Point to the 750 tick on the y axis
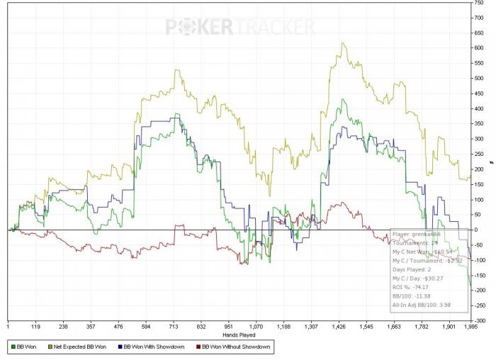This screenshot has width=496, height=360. [x=479, y=2]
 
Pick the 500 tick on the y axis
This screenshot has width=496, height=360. [x=479, y=78]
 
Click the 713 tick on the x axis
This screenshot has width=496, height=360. [x=174, y=327]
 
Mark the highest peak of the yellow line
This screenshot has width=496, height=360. [x=343, y=43]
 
